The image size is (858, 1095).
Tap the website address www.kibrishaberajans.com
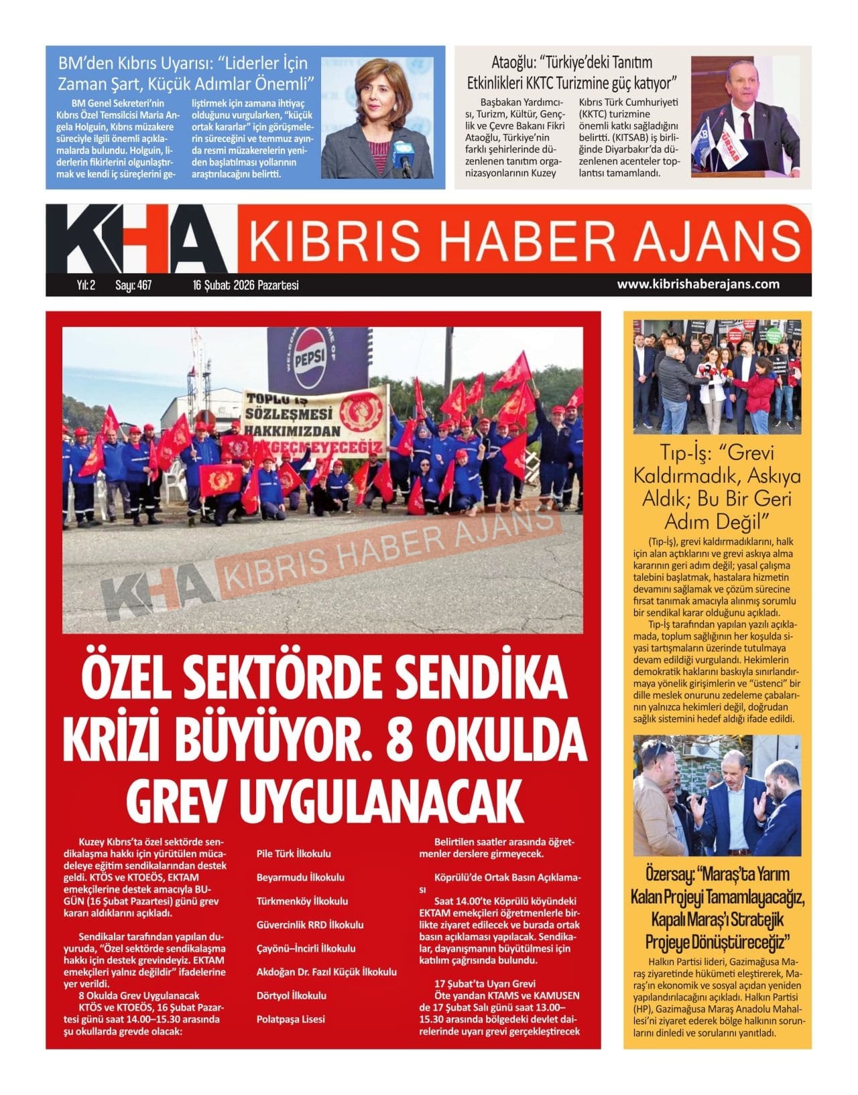pyautogui.click(x=698, y=284)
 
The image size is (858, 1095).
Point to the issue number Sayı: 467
pyautogui.click(x=133, y=285)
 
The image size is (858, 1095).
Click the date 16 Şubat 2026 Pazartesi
pyautogui.click(x=245, y=285)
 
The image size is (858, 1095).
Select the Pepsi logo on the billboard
pyautogui.click(x=308, y=366)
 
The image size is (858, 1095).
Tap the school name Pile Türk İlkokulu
pyautogui.click(x=294, y=854)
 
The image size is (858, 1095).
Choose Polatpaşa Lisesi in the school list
pyautogui.click(x=290, y=1019)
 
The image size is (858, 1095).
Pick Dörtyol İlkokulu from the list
pyautogui.click(x=292, y=996)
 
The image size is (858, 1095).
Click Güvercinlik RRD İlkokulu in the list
pyautogui.click(x=310, y=925)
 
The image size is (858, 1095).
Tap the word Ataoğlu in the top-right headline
pyautogui.click(x=513, y=64)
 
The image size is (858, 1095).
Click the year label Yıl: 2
pyautogui.click(x=86, y=285)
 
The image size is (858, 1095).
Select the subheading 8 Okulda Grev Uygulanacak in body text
pyautogui.click(x=139, y=996)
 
